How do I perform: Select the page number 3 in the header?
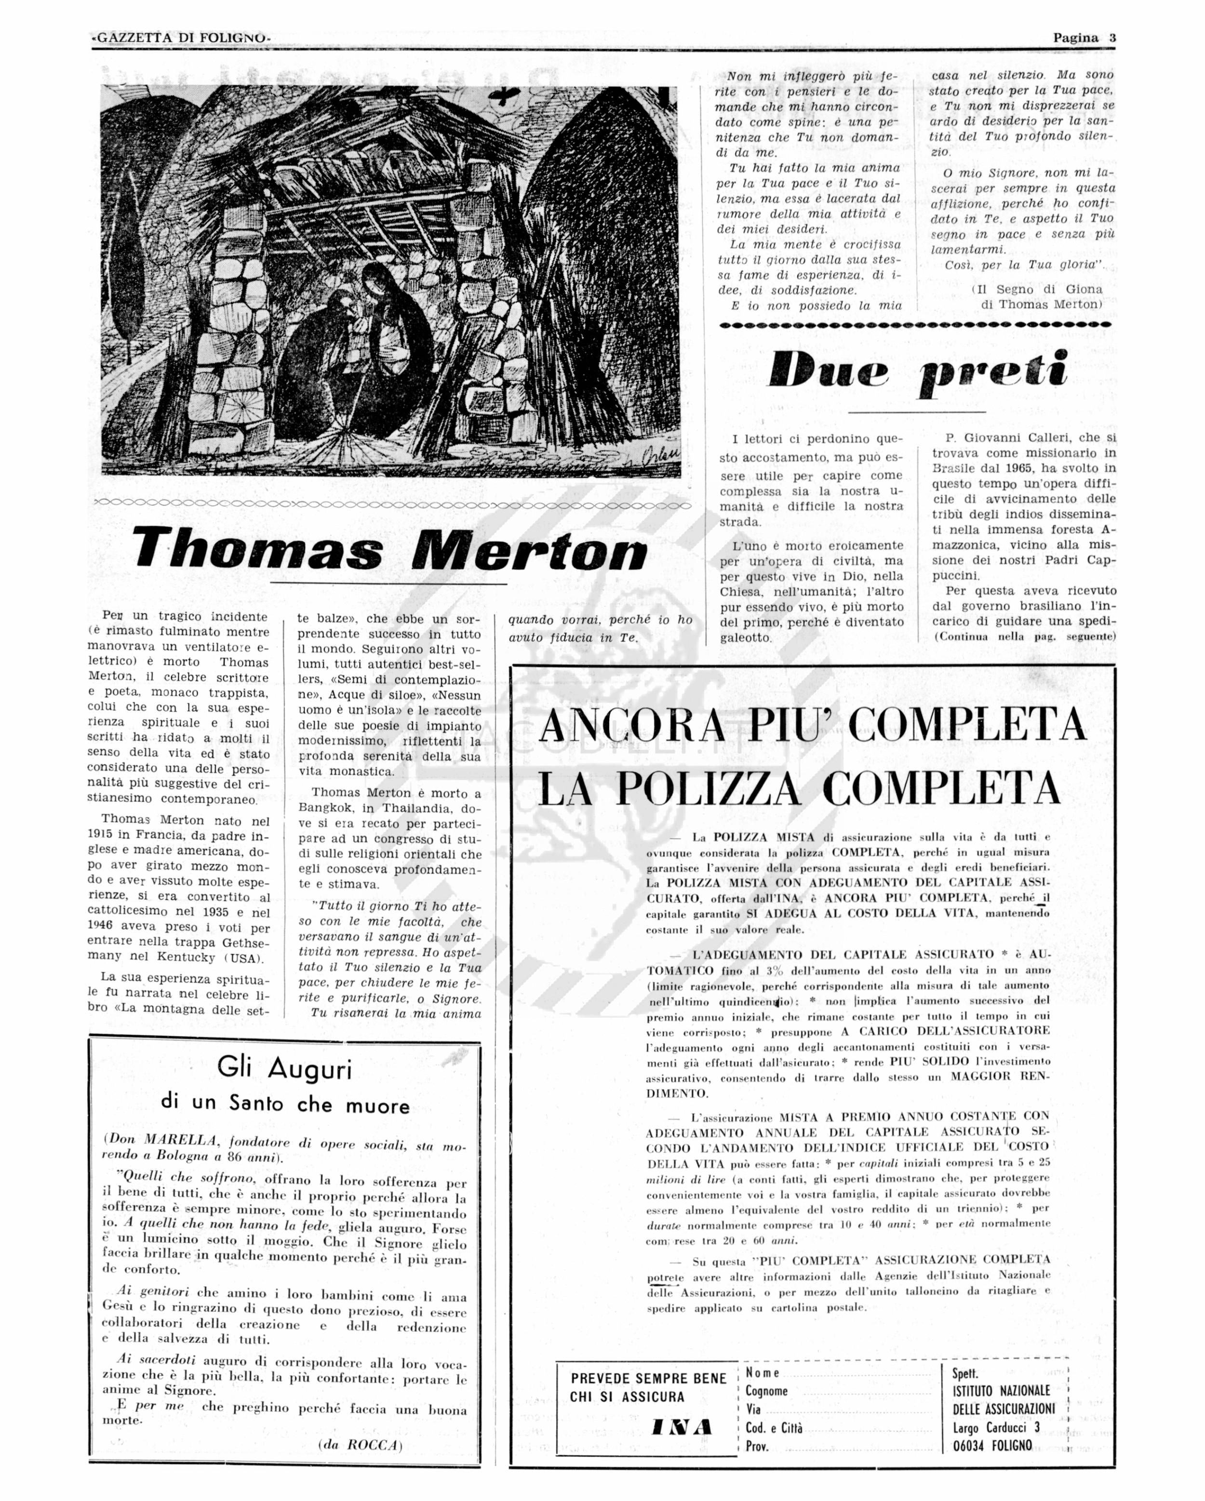coord(1112,38)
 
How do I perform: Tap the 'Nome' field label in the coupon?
coord(762,1373)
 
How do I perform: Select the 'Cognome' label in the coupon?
coord(766,1391)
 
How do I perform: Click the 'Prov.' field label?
coord(757,1446)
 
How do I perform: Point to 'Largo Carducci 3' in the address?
coord(996,1427)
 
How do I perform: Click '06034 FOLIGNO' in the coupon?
coord(992,1445)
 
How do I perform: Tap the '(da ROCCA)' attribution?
coord(360,1445)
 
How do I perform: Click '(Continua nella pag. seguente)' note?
coord(1025,637)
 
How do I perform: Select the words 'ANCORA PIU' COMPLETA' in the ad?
coord(812,725)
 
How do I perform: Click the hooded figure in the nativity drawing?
coord(393,327)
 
